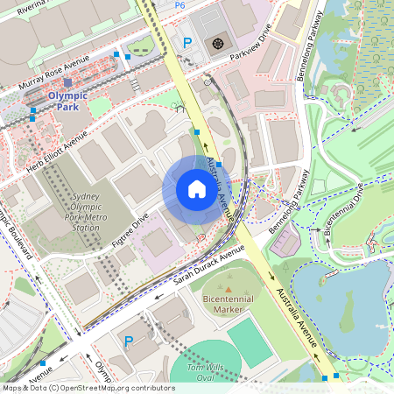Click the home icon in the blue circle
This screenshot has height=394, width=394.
[x=197, y=189]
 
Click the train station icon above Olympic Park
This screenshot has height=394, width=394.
[x=67, y=82]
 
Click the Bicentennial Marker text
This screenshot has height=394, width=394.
[x=229, y=304]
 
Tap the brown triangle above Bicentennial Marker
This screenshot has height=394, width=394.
[x=229, y=288]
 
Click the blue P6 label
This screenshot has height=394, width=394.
[x=179, y=5]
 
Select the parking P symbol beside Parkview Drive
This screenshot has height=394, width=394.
[x=186, y=42]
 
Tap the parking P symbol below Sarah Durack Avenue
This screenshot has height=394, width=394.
[x=129, y=341]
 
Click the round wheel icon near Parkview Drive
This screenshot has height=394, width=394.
[x=217, y=42]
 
